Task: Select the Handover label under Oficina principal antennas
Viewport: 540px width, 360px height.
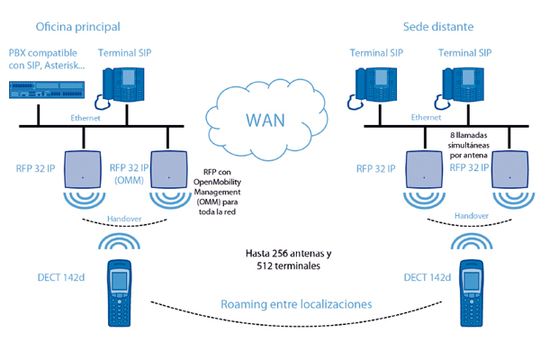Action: tap(122, 218)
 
